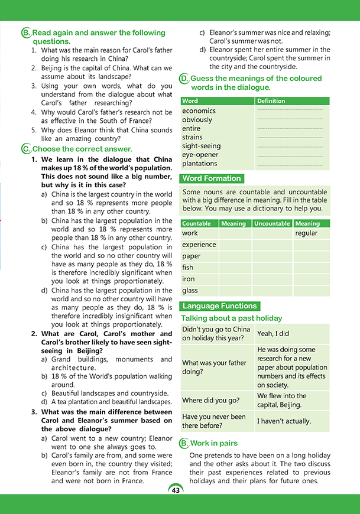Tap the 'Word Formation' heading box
coord(212,178)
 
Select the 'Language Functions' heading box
coord(220,306)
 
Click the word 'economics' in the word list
coord(199,111)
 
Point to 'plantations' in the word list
coord(199,164)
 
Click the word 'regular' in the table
coord(306,233)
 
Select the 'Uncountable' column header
coord(272,223)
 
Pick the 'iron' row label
coord(189,279)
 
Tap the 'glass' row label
coord(190,291)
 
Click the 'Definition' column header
coord(270,101)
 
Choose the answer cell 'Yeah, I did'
coord(274,334)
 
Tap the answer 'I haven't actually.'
coord(284,421)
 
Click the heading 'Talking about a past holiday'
coord(231,318)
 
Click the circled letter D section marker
coord(184,79)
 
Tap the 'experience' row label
coord(199,245)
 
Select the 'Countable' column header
coord(197,223)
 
